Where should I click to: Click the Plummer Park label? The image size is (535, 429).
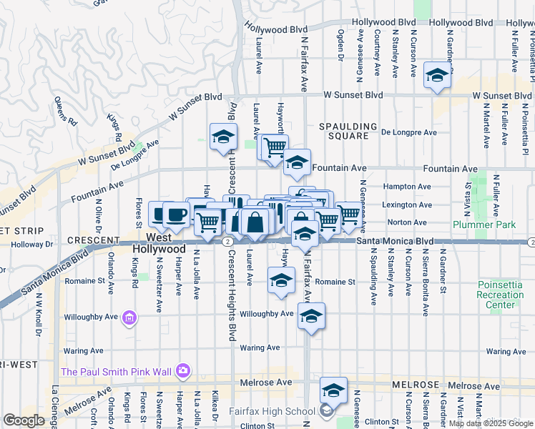[484, 225]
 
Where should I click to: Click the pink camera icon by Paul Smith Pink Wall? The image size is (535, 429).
[182, 370]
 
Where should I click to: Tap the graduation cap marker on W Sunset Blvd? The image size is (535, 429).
[436, 76]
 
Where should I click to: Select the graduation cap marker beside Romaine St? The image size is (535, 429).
[282, 280]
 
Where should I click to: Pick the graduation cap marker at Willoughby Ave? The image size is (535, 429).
[311, 317]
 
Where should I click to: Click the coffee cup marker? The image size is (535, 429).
[175, 214]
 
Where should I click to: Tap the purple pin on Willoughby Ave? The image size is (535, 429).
[129, 317]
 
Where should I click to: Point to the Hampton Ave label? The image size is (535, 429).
[408, 186]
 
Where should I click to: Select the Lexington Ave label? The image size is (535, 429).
[408, 204]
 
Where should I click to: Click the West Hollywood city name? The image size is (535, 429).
[159, 242]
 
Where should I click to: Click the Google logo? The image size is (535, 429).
[24, 420]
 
